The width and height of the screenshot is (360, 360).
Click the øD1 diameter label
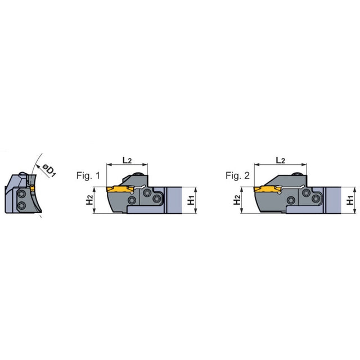(49, 170)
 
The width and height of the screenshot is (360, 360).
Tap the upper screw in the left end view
(22, 194)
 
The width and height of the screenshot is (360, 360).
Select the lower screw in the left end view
(22, 205)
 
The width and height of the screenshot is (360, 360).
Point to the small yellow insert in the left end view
(32, 188)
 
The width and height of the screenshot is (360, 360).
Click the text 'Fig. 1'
(88, 175)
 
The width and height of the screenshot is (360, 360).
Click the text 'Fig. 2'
(237, 175)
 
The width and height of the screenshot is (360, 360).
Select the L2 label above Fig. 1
(127, 160)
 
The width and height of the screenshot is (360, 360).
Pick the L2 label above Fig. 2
(280, 160)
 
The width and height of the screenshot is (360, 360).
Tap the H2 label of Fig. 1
(89, 200)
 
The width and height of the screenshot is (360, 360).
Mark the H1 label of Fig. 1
(191, 200)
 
